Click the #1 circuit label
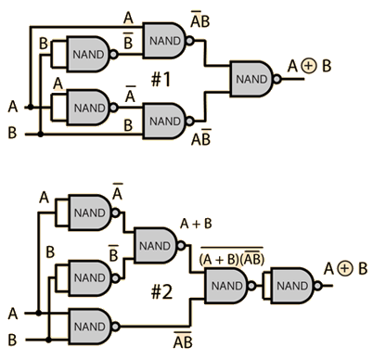(x=161, y=79)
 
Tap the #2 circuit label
(x=161, y=291)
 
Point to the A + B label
(x=196, y=224)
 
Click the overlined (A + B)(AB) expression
(x=232, y=257)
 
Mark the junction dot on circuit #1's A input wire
(x=31, y=107)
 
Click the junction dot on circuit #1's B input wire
(x=40, y=135)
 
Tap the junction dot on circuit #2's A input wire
(x=38, y=314)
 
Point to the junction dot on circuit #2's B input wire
(x=48, y=340)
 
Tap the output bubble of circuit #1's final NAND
(x=277, y=79)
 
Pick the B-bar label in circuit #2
(x=113, y=253)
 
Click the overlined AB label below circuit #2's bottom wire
(x=183, y=341)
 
